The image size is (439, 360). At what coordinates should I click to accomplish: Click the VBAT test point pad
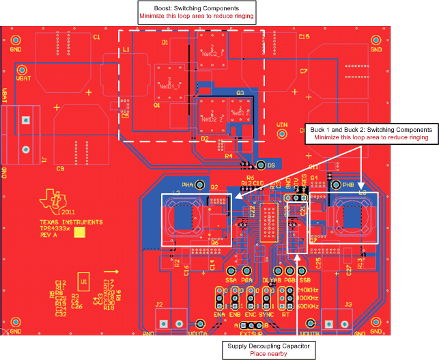coord(21,70)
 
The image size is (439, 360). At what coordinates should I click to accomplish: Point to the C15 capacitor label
coord(304,37)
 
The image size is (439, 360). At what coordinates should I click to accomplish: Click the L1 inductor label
coord(126,51)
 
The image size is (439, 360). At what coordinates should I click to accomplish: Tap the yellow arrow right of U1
coord(116,272)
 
